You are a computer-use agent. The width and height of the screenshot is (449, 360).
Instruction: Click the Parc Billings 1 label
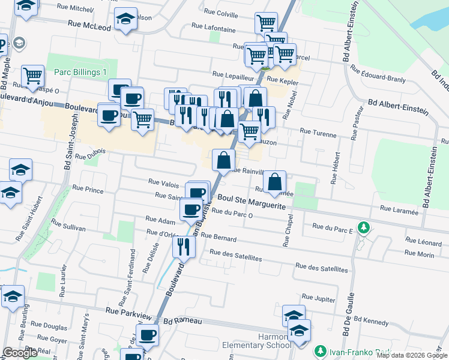[x=80, y=72]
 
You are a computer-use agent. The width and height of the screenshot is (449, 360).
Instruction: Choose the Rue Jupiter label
[x=318, y=297]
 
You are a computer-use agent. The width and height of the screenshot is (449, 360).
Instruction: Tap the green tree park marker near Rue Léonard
[x=363, y=227]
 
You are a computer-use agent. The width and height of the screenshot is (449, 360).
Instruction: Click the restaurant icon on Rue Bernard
[x=183, y=245]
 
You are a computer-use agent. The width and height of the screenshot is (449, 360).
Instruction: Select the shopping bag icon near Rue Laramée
[x=274, y=181]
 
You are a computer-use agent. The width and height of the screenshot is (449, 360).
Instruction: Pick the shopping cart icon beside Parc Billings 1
[x=32, y=76]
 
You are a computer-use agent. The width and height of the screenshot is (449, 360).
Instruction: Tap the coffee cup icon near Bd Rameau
[x=147, y=335]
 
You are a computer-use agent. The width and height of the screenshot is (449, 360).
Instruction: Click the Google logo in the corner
[x=20, y=353]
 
